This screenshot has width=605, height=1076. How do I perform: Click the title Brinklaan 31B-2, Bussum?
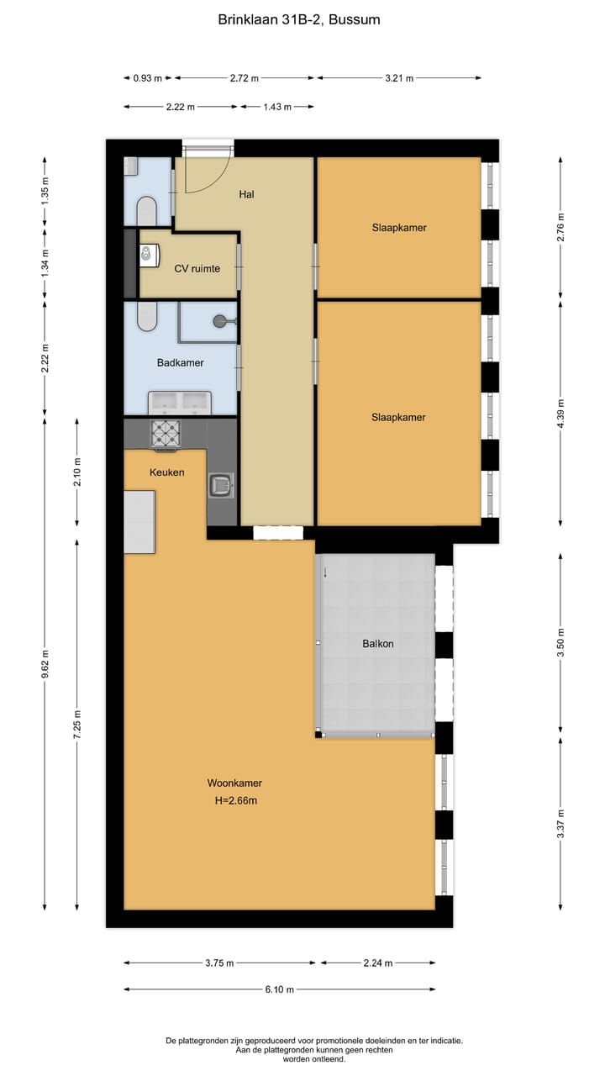click(299, 19)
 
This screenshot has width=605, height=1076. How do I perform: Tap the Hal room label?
click(246, 194)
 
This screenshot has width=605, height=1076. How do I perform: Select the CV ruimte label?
click(197, 269)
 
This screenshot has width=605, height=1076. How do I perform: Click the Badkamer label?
click(180, 363)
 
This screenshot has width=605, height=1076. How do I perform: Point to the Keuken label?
click(166, 472)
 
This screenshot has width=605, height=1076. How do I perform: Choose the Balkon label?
click(378, 644)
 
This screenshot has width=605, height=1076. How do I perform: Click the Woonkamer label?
click(234, 783)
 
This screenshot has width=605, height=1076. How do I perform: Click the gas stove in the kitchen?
click(165, 434)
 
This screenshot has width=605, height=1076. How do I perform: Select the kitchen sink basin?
click(221, 485)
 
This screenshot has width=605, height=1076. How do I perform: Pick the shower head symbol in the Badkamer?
click(220, 319)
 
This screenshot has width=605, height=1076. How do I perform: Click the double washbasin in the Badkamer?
click(180, 402)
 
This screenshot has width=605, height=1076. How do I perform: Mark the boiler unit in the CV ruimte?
click(150, 254)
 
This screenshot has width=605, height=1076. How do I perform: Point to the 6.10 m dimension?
click(279, 989)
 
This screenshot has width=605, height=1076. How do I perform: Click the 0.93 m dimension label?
click(147, 78)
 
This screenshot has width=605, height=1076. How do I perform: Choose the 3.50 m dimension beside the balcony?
click(561, 644)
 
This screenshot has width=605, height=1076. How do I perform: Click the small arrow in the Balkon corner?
click(325, 573)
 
